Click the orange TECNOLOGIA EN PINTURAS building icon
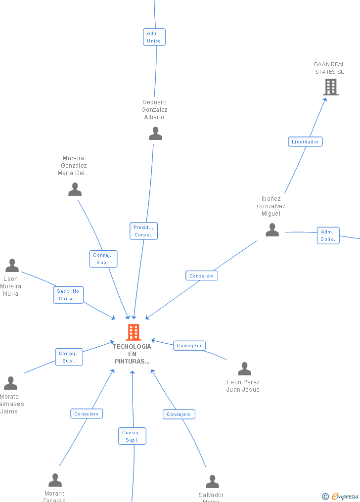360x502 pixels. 134,332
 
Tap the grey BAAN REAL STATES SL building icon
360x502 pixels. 330,87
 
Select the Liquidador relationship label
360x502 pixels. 305,142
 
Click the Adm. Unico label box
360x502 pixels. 154,37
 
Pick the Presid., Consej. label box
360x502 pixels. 143,231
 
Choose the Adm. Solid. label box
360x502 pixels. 328,235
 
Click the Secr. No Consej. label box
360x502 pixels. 68,295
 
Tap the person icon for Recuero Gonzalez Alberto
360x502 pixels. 155,134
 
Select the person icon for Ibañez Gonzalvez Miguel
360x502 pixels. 272,230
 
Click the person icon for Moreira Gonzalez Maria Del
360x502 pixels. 75,189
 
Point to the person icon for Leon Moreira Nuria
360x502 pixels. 12,266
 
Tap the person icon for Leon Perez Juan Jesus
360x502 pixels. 244,369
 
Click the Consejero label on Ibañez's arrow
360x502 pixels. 202,275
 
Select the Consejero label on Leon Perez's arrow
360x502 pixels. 189,346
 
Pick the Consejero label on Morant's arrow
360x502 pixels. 87,413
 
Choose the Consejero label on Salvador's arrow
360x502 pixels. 179,414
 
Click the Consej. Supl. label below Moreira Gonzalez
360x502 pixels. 103,259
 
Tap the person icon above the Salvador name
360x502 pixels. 212,482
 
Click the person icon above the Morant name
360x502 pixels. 55,480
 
